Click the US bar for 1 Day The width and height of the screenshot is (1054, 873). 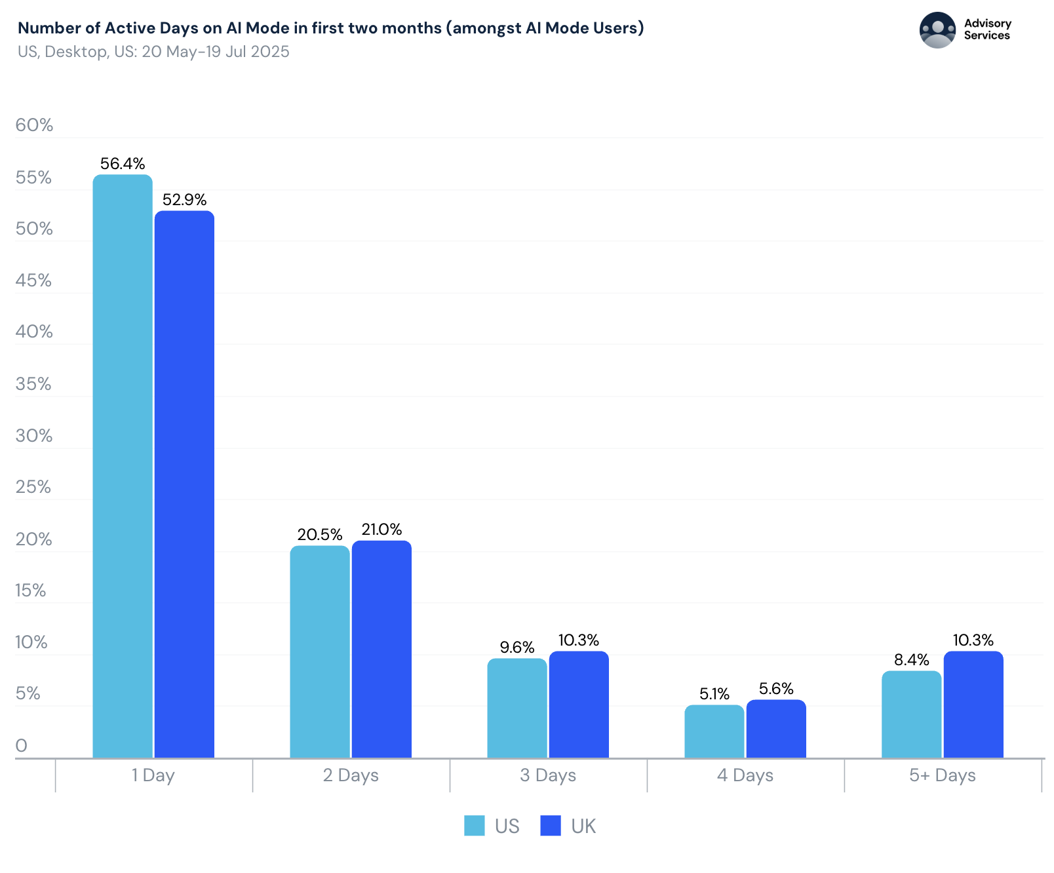(123, 465)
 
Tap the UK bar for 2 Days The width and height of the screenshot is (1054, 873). (381, 649)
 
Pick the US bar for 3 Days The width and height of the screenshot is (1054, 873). (517, 708)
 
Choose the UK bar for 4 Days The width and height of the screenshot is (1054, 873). (776, 729)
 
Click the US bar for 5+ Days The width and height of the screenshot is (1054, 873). (911, 714)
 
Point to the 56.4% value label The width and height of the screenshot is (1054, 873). (123, 163)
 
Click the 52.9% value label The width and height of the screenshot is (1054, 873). (184, 199)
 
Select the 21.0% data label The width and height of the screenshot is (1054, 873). (381, 530)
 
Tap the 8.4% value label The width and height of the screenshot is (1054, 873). (911, 660)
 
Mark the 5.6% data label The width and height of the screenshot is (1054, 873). (776, 689)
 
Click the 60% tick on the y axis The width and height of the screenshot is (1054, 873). (34, 125)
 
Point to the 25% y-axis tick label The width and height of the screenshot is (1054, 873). (33, 487)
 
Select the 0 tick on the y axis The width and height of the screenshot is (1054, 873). (22, 745)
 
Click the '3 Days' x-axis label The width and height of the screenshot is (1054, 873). (548, 775)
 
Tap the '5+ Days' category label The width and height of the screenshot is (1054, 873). (942, 775)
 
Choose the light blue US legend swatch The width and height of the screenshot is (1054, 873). (475, 826)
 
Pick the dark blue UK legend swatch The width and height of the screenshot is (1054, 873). (551, 826)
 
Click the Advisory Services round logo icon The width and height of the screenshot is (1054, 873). (937, 30)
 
